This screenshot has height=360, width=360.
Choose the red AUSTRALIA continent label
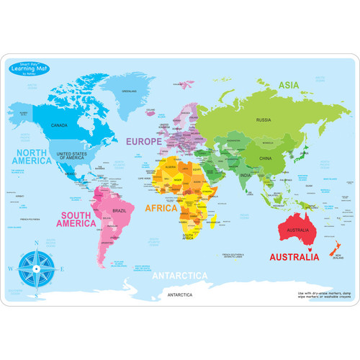[x=294, y=257]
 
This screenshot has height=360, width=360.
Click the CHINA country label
[x=265, y=157]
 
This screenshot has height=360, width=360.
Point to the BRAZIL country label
[x=120, y=210]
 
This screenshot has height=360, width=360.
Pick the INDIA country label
[x=246, y=175]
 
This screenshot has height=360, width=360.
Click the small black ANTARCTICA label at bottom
[x=178, y=296]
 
